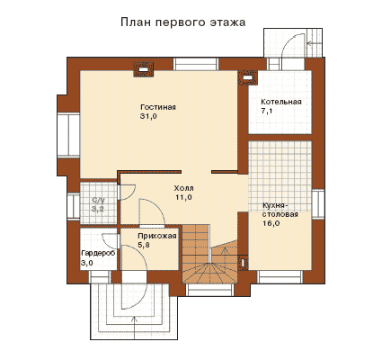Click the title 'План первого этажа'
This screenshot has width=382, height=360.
pos(183,22)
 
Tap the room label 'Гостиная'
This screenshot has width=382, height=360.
pos(158,107)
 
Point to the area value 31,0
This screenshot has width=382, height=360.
pos(148,117)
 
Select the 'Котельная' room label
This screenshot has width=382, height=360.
pos(281,102)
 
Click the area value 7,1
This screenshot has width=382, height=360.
pos(267,112)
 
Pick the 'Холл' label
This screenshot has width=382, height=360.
pos(183,188)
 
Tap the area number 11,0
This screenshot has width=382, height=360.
pos(183,197)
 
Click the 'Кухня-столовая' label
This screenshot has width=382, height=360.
pos(280,210)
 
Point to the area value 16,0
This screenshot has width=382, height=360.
pos(271,223)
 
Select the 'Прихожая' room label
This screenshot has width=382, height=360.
pos(156,236)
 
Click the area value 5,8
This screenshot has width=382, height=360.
pos(144,245)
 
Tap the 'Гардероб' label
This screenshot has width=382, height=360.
pos(98,253)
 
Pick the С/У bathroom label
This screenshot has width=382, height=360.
pos(99,200)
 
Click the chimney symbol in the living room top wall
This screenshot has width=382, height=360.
pos(144,69)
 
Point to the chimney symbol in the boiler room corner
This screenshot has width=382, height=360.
pos(247,77)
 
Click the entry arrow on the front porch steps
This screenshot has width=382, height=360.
pos(133,329)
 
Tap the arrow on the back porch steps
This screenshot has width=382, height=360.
pos(315,44)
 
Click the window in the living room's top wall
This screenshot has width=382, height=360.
pos(196,64)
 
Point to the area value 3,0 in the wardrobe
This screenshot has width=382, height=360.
pos(87,263)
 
